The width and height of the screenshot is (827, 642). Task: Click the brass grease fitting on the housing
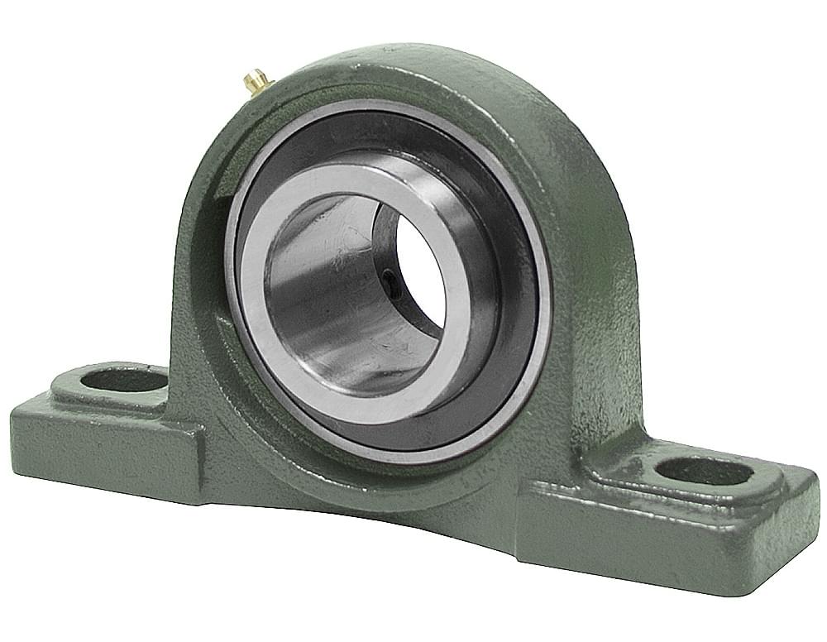pyautogui.click(x=256, y=80)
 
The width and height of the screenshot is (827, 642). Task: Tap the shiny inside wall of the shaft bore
pyautogui.click(x=323, y=290)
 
